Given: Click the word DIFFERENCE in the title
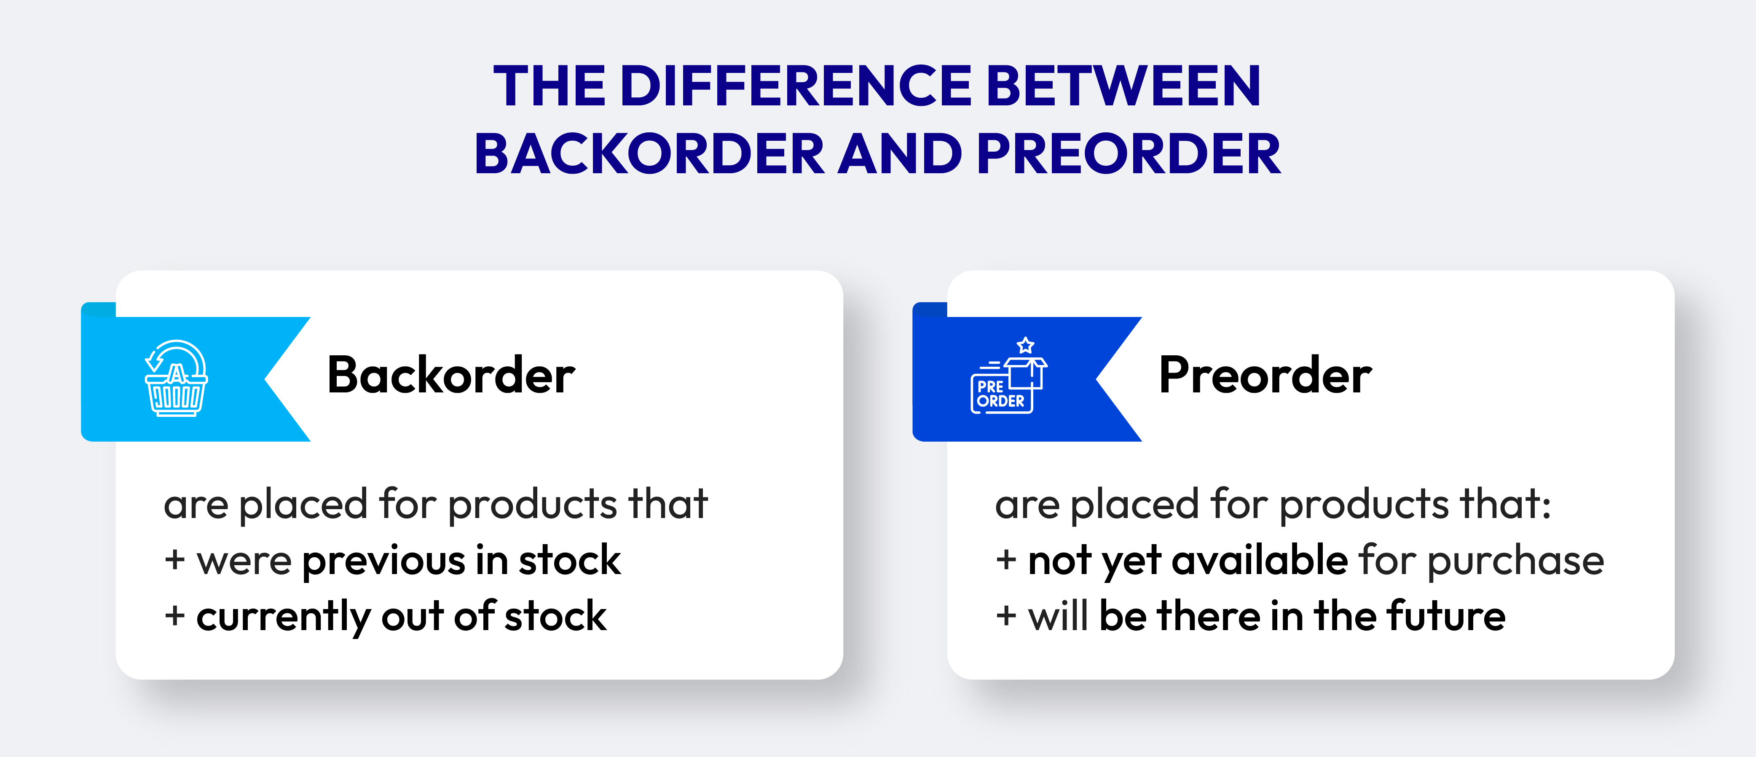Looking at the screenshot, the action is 796,86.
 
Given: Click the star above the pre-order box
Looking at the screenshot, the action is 1025,345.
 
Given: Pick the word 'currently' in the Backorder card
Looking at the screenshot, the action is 283,617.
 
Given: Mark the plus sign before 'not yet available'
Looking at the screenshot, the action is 1006,561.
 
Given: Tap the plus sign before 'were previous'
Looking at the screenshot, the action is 175,561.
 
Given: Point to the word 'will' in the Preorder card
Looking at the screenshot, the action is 1058,616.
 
